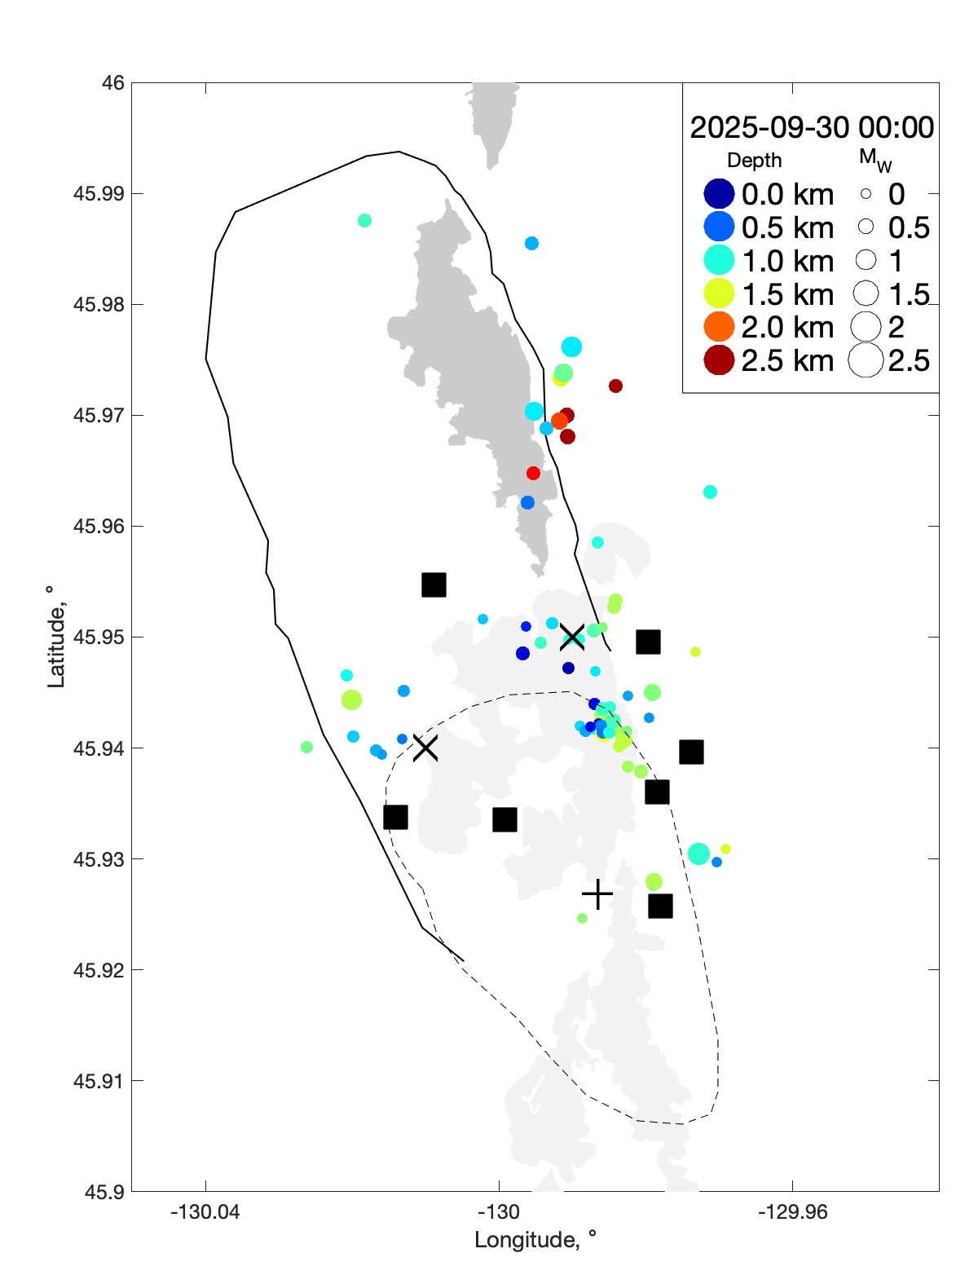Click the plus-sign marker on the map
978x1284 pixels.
597,894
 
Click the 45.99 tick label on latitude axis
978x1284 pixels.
99,194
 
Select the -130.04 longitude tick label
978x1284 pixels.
205,1211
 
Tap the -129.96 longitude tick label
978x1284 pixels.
792,1211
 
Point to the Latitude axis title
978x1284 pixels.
55,637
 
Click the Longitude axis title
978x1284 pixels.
535,1240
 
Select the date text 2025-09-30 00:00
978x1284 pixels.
812,127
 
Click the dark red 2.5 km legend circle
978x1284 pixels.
719,360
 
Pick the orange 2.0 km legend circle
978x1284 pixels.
719,327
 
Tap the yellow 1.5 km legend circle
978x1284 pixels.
719,293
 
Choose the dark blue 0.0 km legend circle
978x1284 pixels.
719,194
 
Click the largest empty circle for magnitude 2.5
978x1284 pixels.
866,360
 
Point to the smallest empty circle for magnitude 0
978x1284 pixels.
866,194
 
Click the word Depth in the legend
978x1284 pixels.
754,161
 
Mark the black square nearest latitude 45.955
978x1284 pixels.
434,585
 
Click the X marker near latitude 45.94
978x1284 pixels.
425,748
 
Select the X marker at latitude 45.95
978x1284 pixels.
572,637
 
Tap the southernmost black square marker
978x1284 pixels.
660,906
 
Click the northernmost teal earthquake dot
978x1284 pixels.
364,220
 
